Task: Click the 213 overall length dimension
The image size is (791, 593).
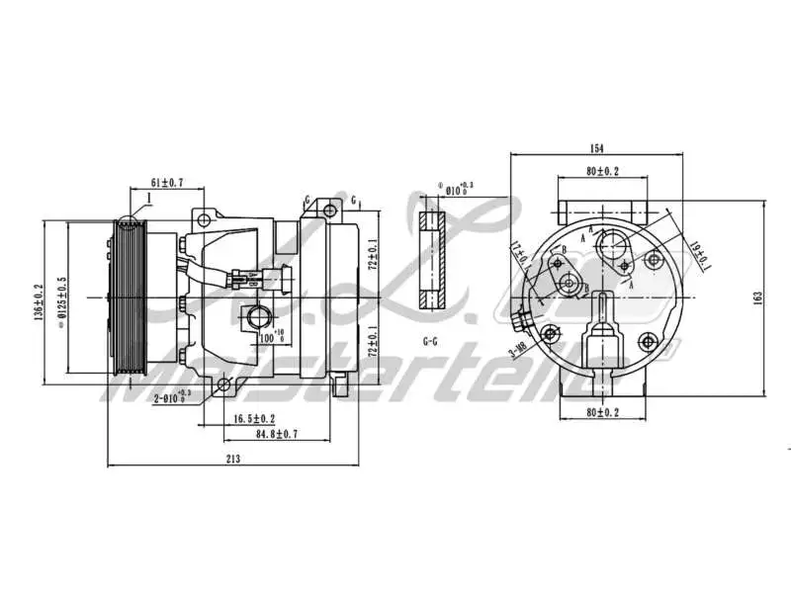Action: click(234, 458)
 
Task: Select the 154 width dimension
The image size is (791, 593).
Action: click(596, 149)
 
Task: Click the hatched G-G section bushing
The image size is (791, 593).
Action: click(431, 261)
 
